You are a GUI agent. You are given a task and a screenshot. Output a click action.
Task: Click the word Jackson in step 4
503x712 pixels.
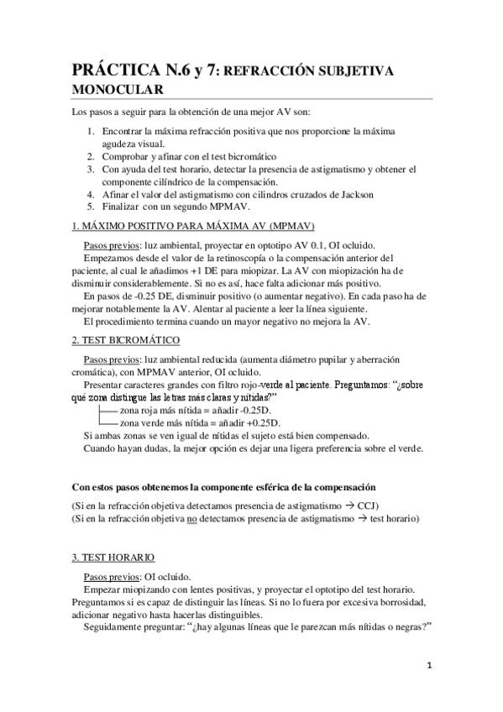tap(350, 193)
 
